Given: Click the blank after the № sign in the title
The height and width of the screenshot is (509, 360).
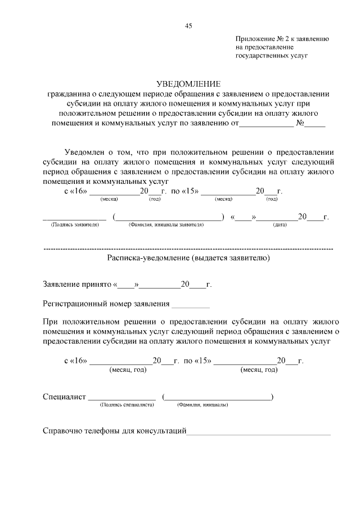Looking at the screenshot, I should (x=316, y=125).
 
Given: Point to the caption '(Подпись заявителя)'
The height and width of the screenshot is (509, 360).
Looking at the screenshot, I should (x=75, y=224).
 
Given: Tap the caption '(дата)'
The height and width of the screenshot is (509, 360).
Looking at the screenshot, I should (x=280, y=224).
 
